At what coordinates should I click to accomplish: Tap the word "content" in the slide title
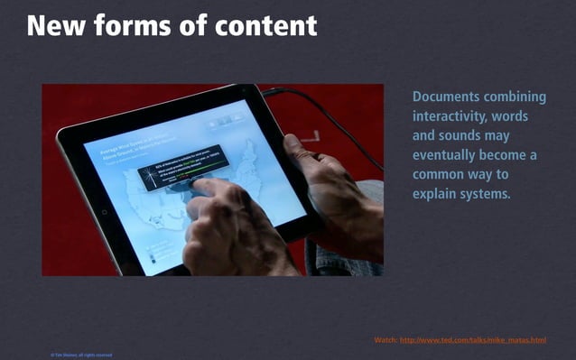267,24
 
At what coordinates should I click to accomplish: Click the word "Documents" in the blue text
448,97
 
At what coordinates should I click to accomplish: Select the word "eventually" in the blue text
449,155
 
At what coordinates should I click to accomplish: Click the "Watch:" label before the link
386,340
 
